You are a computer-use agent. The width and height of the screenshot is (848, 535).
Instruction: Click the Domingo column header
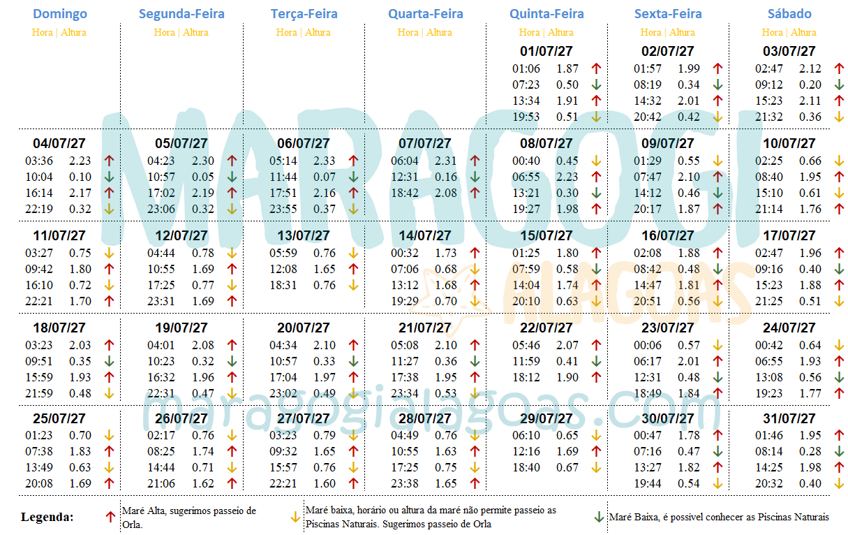[60, 14]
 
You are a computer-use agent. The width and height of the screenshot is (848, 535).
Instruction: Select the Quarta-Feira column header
[426, 14]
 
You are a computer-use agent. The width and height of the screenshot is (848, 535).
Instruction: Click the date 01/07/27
[546, 51]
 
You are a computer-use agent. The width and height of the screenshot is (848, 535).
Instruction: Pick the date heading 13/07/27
[304, 235]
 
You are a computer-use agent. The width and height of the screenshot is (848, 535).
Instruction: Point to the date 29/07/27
[546, 419]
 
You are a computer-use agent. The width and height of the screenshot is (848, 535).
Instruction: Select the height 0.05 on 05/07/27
[203, 177]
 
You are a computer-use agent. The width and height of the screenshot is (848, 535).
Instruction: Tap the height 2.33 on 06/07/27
[325, 161]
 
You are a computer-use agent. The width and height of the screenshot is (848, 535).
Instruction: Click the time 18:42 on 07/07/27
[405, 193]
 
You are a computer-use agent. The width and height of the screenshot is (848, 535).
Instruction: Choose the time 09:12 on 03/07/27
[769, 85]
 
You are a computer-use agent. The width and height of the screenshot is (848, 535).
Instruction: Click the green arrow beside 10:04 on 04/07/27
[109, 177]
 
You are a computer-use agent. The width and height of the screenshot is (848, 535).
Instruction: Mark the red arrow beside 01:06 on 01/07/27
[596, 68]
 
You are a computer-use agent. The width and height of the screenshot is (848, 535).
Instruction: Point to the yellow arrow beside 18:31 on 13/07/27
[352, 285]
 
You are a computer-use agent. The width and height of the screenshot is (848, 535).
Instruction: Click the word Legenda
[47, 518]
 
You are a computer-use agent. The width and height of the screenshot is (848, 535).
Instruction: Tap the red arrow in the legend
[110, 518]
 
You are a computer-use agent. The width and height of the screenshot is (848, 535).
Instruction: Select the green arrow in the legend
[598, 518]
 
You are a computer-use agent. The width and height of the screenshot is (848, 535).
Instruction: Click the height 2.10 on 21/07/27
[446, 345]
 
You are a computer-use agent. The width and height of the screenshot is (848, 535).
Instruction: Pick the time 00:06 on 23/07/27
[648, 345]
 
